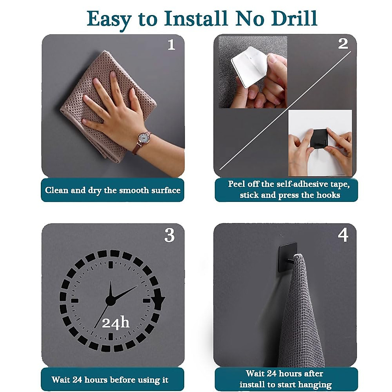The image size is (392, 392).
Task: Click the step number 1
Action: point(171,45)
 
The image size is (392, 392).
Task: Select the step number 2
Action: point(343,44)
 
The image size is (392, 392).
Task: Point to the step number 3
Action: point(169,235)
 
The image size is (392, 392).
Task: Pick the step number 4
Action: point(343,235)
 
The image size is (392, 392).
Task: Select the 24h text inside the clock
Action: point(116,323)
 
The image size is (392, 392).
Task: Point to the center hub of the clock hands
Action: point(110,301)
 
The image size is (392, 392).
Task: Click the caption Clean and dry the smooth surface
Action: point(112,190)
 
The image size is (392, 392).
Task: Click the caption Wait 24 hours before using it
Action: point(110,380)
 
